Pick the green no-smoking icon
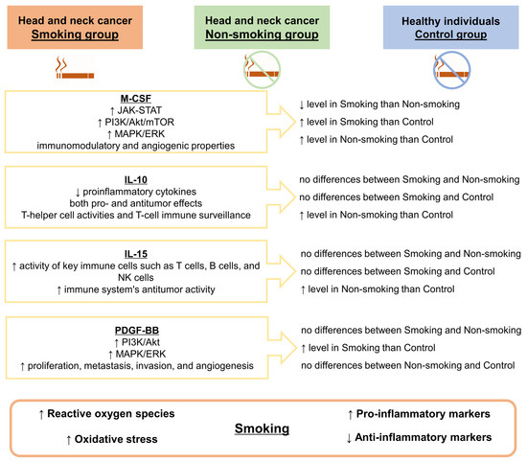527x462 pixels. tap(263, 69)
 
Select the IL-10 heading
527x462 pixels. tap(136, 178)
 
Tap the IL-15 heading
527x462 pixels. tap(136, 251)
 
